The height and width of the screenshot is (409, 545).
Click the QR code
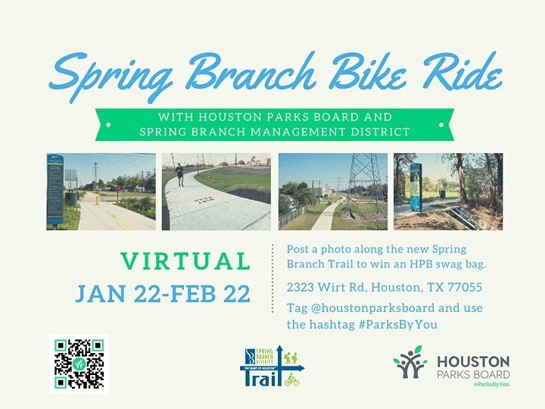click(79, 364)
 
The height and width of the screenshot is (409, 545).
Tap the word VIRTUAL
click(185, 261)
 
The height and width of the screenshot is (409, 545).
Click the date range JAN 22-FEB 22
click(163, 293)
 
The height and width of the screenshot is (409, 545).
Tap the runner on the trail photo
click(179, 174)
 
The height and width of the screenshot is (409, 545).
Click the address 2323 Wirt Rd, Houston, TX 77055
click(384, 288)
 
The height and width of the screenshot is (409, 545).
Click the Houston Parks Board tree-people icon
click(410, 362)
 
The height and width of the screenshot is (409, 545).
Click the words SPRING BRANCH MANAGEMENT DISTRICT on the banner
click(274, 132)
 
